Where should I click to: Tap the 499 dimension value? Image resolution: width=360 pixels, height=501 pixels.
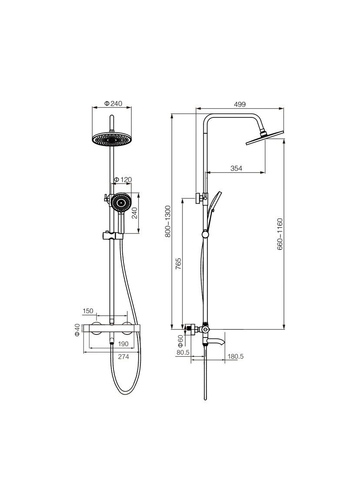(x=240, y=104)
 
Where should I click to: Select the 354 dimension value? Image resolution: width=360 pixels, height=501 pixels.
(x=237, y=168)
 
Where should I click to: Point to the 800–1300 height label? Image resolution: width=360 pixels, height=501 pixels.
(x=168, y=221)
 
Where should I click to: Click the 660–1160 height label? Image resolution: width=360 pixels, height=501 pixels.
(x=280, y=234)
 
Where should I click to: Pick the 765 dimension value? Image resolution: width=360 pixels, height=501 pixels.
(x=179, y=264)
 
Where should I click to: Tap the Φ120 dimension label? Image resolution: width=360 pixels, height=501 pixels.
(x=123, y=180)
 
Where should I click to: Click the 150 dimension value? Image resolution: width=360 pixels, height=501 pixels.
(x=88, y=311)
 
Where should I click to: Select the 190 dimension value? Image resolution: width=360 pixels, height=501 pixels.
(x=123, y=344)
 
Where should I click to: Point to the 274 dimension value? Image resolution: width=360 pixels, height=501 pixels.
(x=123, y=357)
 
